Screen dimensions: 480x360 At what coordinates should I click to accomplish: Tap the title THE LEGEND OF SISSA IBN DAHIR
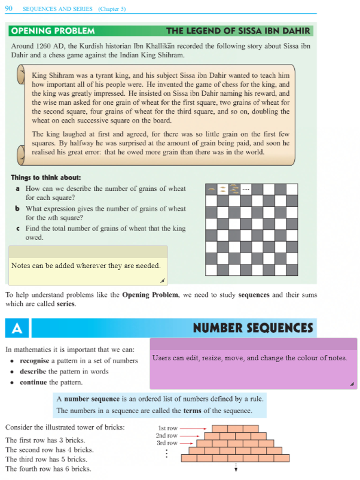point(238,30)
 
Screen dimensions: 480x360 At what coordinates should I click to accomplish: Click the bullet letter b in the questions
point(18,209)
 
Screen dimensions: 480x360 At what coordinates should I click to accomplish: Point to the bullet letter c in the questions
point(18,229)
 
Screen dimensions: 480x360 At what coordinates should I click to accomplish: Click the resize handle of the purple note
point(352,384)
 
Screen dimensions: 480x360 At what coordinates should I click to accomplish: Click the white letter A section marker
point(17,328)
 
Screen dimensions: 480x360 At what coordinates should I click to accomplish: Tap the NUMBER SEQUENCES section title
point(253,328)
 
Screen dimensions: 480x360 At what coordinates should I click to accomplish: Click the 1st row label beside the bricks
point(168,429)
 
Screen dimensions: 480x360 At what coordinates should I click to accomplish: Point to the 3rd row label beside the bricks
point(167,443)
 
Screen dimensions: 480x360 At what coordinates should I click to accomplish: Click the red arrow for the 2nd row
point(188,436)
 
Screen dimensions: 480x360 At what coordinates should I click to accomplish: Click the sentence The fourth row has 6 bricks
point(48,469)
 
